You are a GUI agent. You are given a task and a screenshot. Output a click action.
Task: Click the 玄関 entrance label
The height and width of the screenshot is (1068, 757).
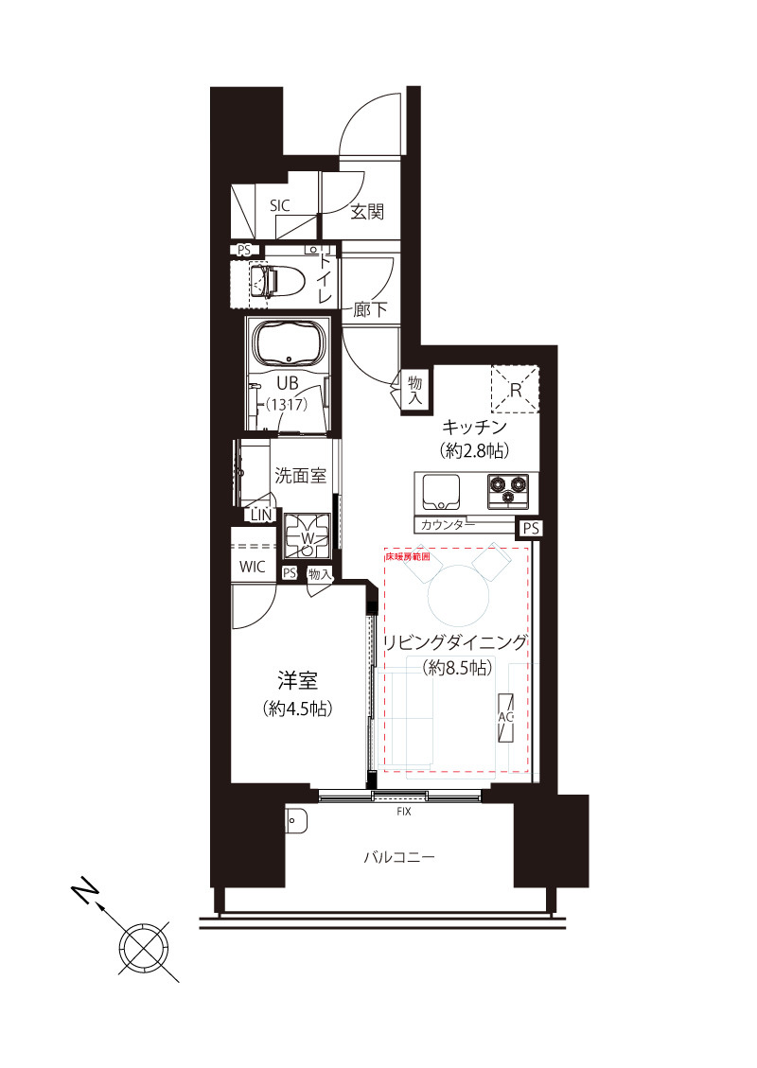(367, 212)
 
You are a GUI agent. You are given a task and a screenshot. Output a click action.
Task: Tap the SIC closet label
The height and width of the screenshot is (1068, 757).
(280, 204)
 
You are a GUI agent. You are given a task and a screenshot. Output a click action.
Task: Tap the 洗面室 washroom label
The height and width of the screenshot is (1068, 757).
(300, 476)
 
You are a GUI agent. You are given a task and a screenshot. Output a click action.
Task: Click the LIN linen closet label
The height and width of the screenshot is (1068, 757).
(260, 516)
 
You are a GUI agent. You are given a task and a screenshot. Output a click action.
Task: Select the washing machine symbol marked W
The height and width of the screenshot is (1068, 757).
(308, 537)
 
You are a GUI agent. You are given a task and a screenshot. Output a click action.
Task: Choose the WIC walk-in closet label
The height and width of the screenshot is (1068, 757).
(253, 567)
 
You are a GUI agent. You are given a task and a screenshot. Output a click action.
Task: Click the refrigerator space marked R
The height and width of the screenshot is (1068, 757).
(515, 389)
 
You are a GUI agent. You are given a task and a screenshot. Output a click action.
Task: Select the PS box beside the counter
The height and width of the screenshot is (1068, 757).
(530, 529)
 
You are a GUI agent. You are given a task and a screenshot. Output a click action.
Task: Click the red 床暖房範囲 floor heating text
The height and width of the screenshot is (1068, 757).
(407, 558)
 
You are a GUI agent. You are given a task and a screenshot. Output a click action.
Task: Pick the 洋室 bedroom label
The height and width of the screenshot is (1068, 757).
(297, 680)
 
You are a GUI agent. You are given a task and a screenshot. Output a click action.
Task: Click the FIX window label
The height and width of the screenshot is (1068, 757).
(403, 811)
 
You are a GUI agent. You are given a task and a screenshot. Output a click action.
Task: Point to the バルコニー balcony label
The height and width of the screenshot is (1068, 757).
(399, 858)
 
